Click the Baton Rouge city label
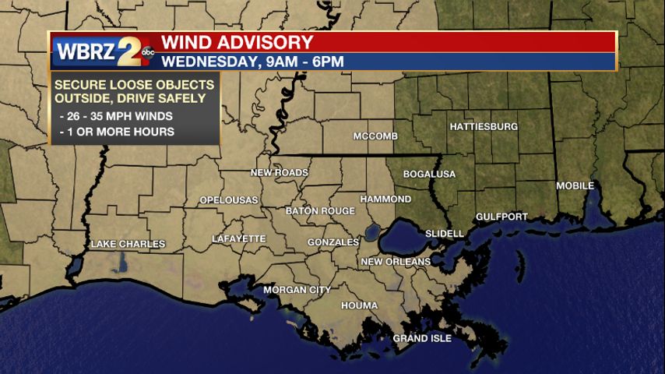click(x=320, y=211)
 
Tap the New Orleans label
click(x=396, y=262)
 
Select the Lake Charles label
click(x=128, y=245)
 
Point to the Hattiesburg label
click(x=484, y=126)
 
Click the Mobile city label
click(x=575, y=186)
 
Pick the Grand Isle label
click(x=422, y=338)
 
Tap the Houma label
click(x=360, y=306)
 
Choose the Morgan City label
click(x=297, y=290)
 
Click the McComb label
click(x=375, y=136)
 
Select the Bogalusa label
click(x=429, y=174)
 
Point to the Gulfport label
click(x=502, y=217)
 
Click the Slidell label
click(x=445, y=234)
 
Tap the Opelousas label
click(x=229, y=200)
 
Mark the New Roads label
click(x=280, y=172)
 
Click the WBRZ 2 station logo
click(x=104, y=52)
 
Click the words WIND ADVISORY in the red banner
click(x=237, y=42)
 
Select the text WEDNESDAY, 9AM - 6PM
click(x=252, y=62)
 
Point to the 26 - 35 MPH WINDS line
click(x=116, y=117)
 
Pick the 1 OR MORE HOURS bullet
click(x=117, y=132)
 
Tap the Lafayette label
click(x=239, y=239)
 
